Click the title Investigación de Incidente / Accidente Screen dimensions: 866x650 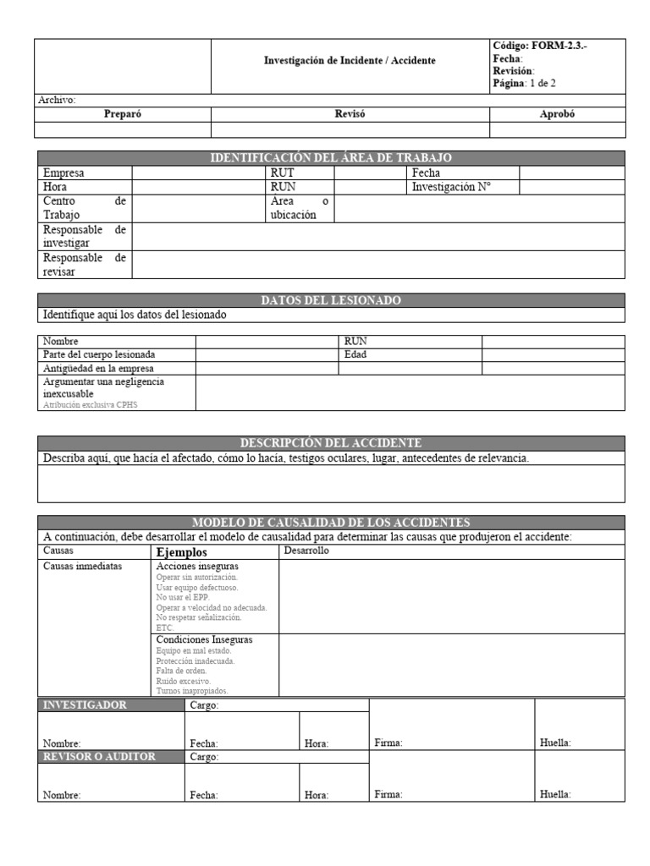pos(350,61)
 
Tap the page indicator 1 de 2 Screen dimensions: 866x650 pos(542,84)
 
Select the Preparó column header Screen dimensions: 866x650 pos(122,115)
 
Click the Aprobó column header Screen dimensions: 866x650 pos(557,115)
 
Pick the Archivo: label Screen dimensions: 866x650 pos(57,100)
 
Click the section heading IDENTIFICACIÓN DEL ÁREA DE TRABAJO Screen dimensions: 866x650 pos(331,158)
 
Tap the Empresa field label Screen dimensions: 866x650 pos(63,173)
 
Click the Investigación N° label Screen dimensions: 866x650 pos(451,187)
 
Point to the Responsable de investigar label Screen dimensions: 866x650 pos(84,236)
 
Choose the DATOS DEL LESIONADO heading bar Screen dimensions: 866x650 pos(331,300)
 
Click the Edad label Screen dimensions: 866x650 pos(355,355)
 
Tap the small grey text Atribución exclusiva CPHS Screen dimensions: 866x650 pos(90,405)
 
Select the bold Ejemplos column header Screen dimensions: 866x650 pos(182,551)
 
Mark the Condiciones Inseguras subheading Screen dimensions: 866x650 pos(204,640)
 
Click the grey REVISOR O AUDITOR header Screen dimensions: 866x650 pos(99,757)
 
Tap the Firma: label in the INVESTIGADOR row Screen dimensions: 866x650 pos(388,743)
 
